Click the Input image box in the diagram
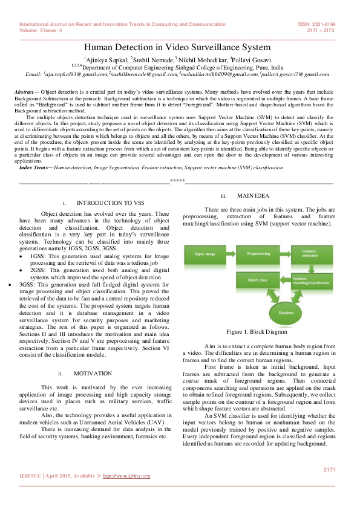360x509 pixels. pyautogui.click(x=205, y=254)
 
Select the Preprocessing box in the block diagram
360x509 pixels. pyautogui.click(x=258, y=254)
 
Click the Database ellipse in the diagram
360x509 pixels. pyautogui.click(x=286, y=314)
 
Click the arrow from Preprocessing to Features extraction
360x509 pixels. pyautogui.click(x=285, y=254)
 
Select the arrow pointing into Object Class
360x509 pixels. pyautogui.click(x=286, y=282)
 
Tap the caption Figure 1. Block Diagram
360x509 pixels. pyautogui.click(x=257, y=332)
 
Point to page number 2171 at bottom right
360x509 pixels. pyautogui.click(x=329, y=469)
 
